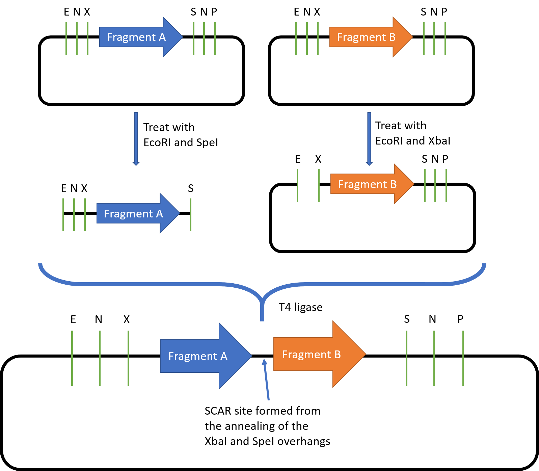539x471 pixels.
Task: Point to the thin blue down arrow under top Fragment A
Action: pyautogui.click(x=136, y=138)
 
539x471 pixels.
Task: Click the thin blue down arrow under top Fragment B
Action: pyautogui.click(x=369, y=138)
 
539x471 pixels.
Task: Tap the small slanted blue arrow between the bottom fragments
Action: pyautogui.click(x=267, y=380)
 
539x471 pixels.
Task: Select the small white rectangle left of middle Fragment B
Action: pyautogui.click(x=308, y=187)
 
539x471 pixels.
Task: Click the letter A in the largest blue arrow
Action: pyautogui.click(x=224, y=356)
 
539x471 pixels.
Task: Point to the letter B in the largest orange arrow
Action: pyautogui.click(x=337, y=355)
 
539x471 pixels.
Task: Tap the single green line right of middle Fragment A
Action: pyautogui.click(x=191, y=214)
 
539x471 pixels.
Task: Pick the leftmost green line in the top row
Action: pyautogui.click(x=66, y=38)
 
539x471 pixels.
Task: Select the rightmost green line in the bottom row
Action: pyautogui.click(x=463, y=358)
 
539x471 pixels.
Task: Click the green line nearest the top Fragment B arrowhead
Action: pyautogui.click(x=424, y=38)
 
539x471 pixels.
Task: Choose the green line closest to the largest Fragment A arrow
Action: pyautogui.click(x=128, y=358)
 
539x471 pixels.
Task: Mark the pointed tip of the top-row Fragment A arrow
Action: pyautogui.click(x=183, y=37)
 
